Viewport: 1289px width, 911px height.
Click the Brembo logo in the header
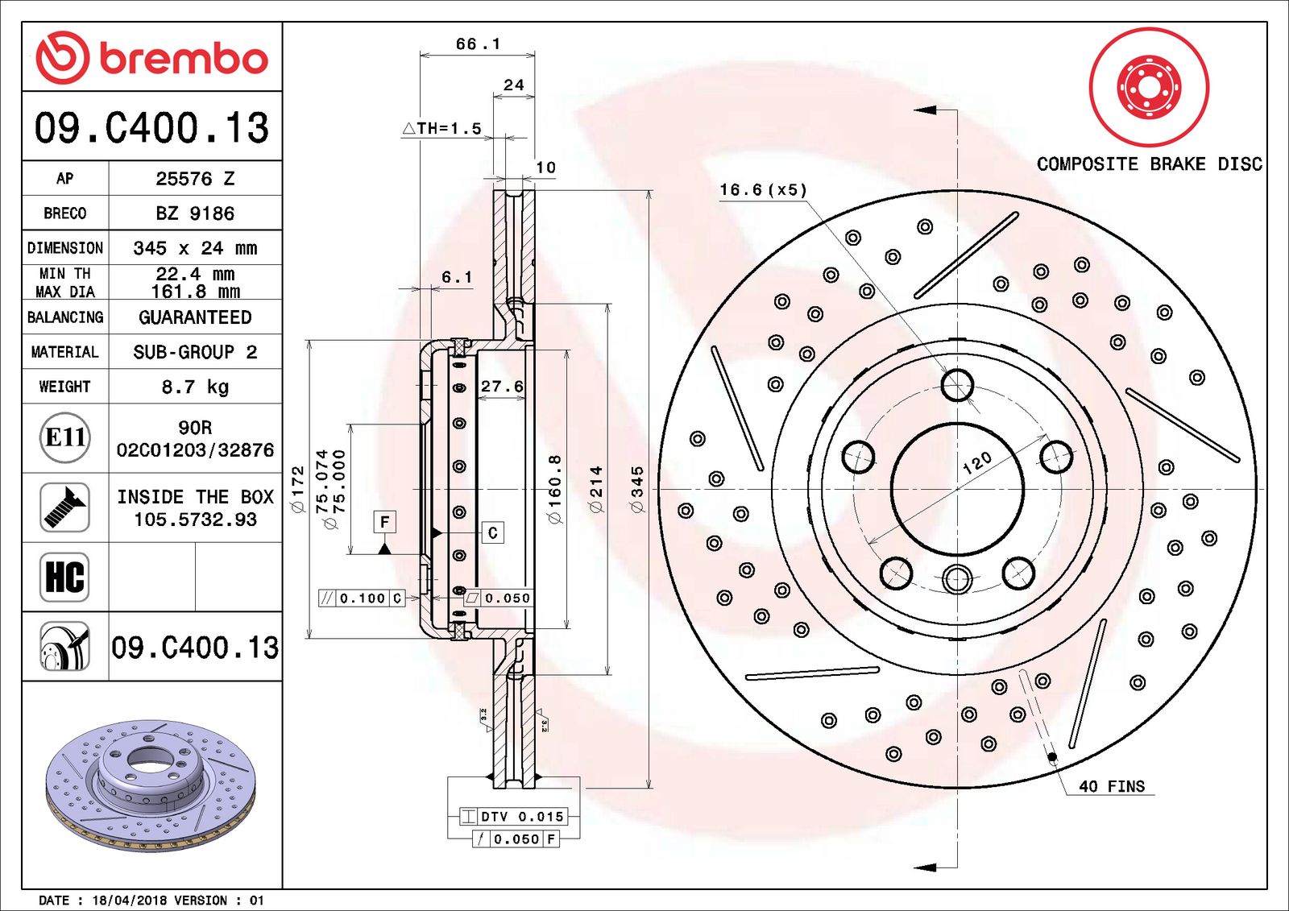tap(151, 58)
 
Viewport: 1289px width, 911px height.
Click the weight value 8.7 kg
tap(195, 387)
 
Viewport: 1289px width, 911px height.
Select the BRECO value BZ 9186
tap(195, 213)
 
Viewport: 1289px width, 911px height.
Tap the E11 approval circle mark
tap(65, 437)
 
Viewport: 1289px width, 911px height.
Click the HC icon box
tap(64, 577)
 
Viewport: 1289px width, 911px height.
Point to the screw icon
tap(64, 507)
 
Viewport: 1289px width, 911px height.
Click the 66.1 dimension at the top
tap(478, 44)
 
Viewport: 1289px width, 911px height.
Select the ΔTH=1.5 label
tap(442, 128)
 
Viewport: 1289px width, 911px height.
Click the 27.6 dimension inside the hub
tap(502, 387)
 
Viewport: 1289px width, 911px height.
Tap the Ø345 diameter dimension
tap(637, 489)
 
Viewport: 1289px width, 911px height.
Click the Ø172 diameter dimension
tap(298, 489)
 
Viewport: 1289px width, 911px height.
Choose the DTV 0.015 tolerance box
tap(513, 817)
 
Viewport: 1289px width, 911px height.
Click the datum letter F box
tap(385, 522)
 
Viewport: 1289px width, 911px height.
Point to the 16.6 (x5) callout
tap(762, 190)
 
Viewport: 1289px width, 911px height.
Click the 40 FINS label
tap(1112, 786)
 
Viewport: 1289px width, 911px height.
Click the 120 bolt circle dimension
tap(976, 463)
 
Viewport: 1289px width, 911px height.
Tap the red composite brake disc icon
tap(1149, 86)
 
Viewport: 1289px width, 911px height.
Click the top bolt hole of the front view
tap(957, 385)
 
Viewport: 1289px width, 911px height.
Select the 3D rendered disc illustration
tap(151, 785)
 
